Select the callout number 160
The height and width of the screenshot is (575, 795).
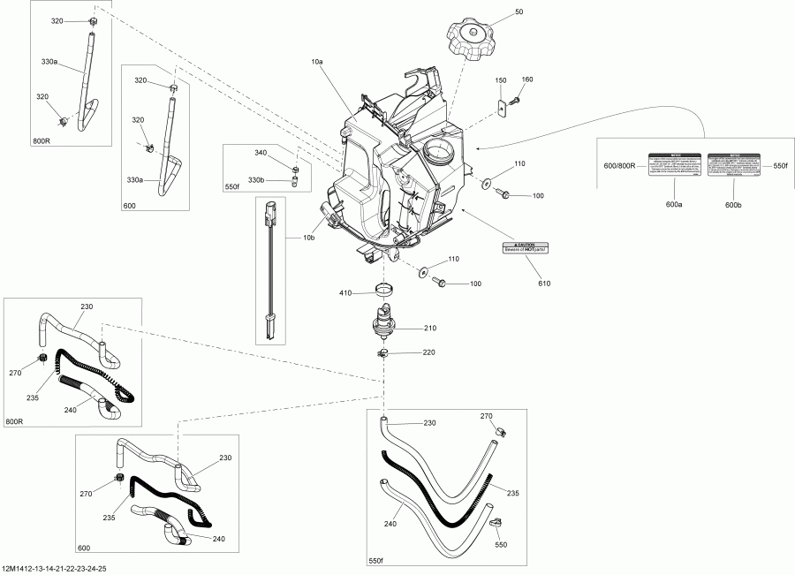[x=527, y=80]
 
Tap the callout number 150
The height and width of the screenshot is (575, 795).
[x=501, y=80]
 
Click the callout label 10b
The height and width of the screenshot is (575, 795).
[x=308, y=238]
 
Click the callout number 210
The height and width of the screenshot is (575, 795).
[x=430, y=328]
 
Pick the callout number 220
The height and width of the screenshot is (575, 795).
[x=430, y=352]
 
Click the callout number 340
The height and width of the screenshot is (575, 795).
[x=261, y=154]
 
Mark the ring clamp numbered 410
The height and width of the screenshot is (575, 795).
[x=384, y=288]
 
